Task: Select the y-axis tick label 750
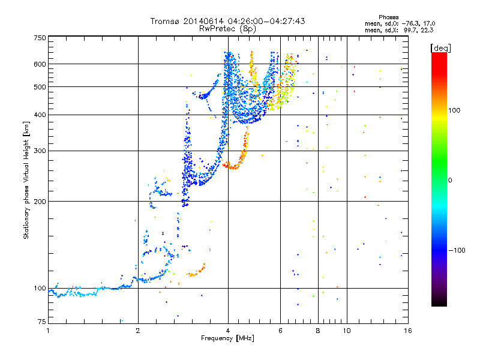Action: pos(40,38)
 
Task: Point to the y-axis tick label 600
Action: pos(40,64)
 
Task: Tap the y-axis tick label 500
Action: pos(40,87)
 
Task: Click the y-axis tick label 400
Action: pos(40,115)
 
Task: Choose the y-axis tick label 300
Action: pos(40,151)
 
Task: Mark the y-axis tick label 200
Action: pos(40,202)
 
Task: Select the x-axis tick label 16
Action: pos(407,331)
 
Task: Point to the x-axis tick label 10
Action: pos(346,331)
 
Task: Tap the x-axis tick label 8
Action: pos(318,331)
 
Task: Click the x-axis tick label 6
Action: pos(280,331)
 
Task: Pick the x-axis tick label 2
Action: pos(138,331)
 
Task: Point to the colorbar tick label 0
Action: pos(449,180)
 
